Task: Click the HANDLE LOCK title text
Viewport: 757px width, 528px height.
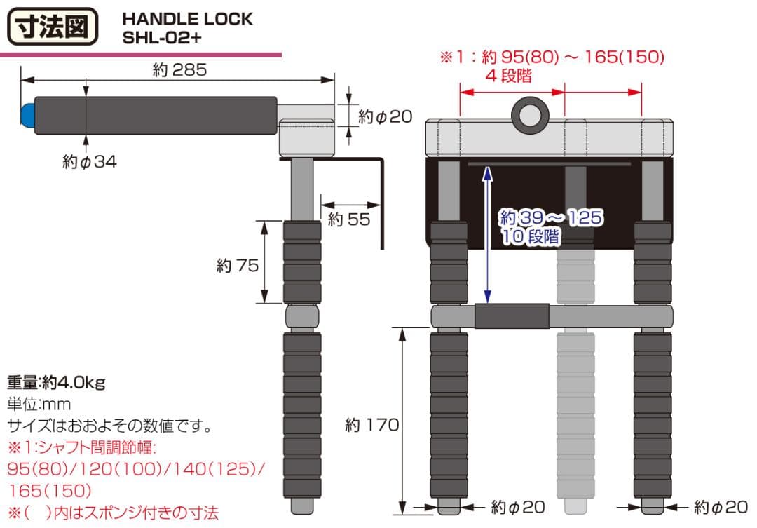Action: point(187,19)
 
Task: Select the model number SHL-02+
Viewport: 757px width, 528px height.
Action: point(161,38)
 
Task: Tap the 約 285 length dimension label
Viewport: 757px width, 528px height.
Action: point(179,70)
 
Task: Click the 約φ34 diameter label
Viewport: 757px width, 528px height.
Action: point(90,162)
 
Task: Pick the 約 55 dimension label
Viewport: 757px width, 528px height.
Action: point(348,219)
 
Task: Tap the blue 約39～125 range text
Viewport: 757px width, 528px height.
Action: point(550,217)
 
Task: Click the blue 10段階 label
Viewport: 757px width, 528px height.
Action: point(531,237)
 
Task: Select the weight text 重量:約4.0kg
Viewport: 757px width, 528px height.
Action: point(56,383)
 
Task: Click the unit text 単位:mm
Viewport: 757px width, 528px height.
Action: point(39,404)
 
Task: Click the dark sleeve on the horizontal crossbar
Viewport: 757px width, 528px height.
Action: point(512,316)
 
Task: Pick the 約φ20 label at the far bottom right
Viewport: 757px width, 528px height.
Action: point(721,506)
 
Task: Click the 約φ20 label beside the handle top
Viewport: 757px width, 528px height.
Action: point(385,116)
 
